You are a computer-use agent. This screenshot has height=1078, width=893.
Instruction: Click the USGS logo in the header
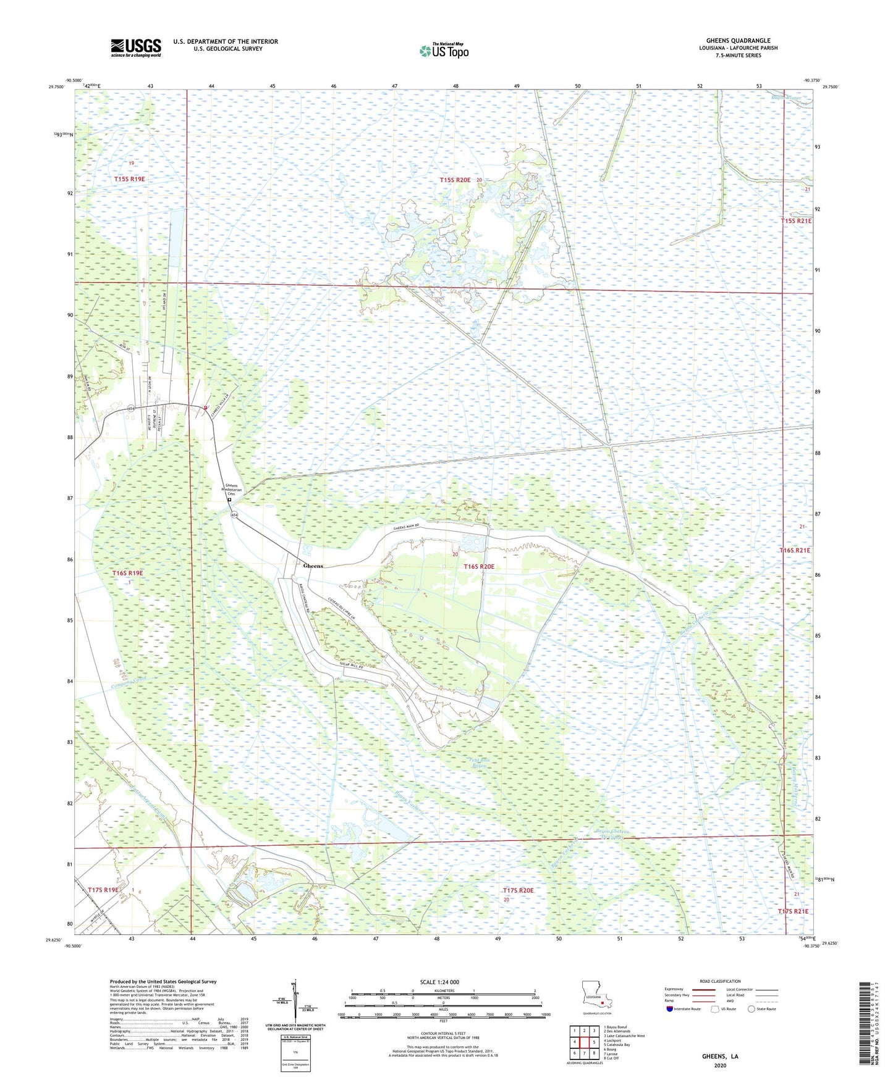(x=135, y=48)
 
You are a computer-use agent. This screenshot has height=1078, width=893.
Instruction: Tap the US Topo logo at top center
(x=443, y=51)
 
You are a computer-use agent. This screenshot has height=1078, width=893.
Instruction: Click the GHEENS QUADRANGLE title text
(x=738, y=41)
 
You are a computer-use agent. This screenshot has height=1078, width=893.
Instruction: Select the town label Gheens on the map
(x=313, y=566)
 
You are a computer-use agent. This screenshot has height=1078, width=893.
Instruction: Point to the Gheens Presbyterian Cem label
(x=232, y=489)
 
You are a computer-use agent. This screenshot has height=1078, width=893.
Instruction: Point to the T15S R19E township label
(x=129, y=179)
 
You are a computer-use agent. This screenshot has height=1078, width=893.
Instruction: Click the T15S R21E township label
(x=796, y=220)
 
